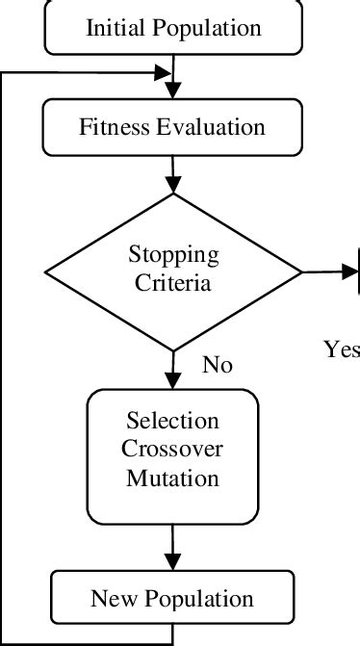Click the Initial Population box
173,27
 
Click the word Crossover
173,450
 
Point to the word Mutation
173,477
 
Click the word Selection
173,422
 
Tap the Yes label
341,349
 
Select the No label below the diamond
218,365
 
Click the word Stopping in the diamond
173,256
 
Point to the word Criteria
173,284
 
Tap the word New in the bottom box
109,599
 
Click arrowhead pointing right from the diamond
348,271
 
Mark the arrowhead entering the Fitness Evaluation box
173,91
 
